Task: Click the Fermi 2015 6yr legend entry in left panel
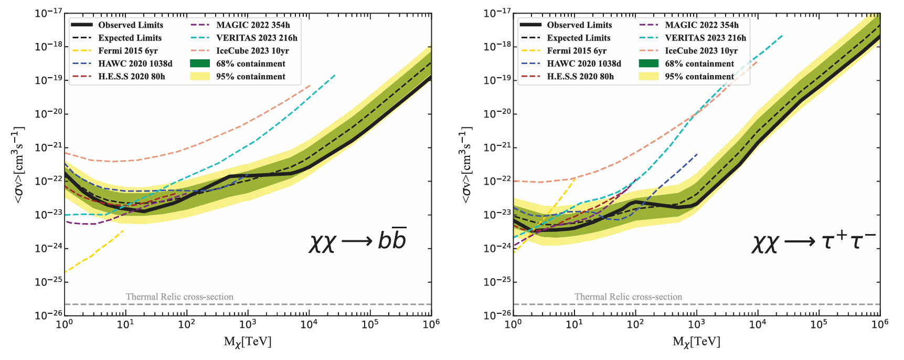click(127, 51)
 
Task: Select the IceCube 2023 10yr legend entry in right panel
click(701, 51)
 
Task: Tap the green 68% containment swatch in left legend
click(199, 63)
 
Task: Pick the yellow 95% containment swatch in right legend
click(648, 77)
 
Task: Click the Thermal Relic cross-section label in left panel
click(179, 297)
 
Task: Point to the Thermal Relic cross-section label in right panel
click(628, 297)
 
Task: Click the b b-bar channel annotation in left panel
click(358, 241)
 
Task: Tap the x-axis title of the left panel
click(248, 342)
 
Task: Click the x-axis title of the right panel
click(696, 342)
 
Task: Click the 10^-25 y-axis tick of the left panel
click(48, 282)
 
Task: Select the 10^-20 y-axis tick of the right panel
click(497, 114)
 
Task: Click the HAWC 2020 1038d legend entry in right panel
click(583, 63)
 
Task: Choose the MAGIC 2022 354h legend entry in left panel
click(252, 25)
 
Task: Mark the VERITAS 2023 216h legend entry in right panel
click(705, 38)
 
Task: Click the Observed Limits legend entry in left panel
click(130, 25)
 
